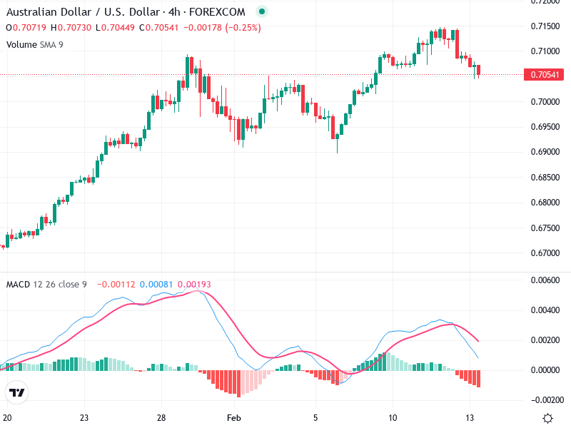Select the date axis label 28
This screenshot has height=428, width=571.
pos(163,417)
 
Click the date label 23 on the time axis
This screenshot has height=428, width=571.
pos(84,417)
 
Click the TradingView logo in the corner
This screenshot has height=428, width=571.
pos(16,392)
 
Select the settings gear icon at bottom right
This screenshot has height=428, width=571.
pos(548,418)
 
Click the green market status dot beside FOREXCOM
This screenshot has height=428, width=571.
pos(262,12)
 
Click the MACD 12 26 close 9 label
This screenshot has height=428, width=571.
pos(46,285)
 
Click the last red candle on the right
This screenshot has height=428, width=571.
pos(479,70)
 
